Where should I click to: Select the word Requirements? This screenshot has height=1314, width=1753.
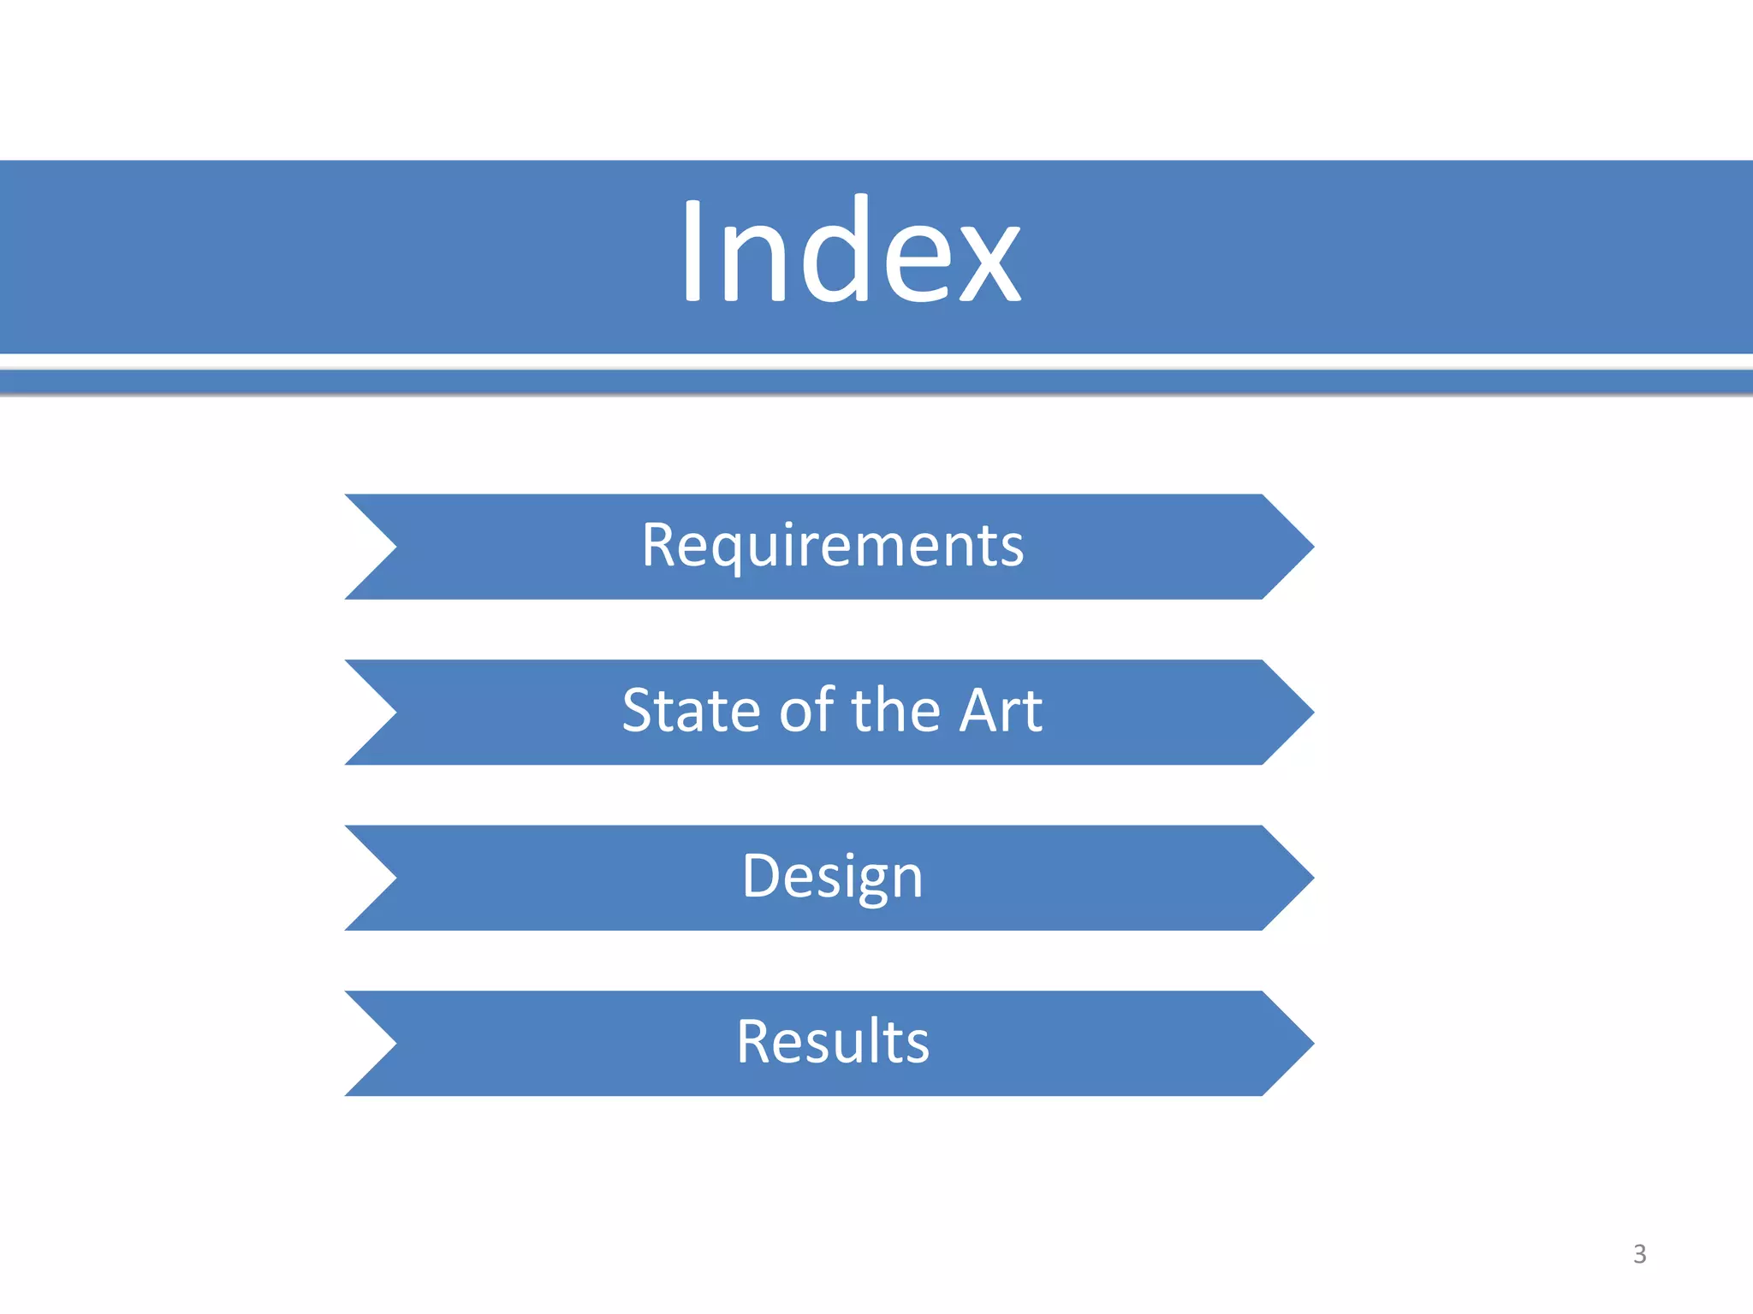(x=833, y=545)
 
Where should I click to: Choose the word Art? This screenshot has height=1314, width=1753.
(x=1001, y=710)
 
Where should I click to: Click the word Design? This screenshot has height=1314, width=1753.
(x=833, y=876)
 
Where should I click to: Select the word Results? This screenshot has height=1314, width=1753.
(x=833, y=1041)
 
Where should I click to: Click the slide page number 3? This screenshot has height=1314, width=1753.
(x=1639, y=1254)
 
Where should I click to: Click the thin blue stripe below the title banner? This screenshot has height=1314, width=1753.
(x=876, y=382)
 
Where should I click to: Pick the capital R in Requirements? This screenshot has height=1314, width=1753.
(x=659, y=545)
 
